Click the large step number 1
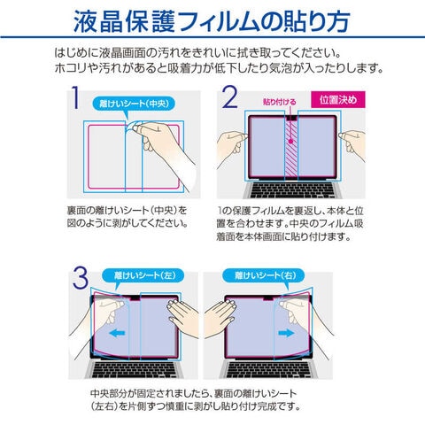[75, 97]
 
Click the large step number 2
[230, 97]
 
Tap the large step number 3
[81, 278]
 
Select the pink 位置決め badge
[338, 100]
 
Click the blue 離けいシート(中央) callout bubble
[134, 104]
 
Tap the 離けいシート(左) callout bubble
[143, 276]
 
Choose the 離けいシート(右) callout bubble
[264, 276]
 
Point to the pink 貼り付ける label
[280, 102]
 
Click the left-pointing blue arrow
[117, 334]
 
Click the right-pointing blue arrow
[286, 334]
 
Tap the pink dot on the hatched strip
[290, 142]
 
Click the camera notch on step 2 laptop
[291, 118]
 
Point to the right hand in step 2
[352, 144]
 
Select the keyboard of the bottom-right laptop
[268, 369]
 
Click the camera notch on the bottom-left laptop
[135, 298]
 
